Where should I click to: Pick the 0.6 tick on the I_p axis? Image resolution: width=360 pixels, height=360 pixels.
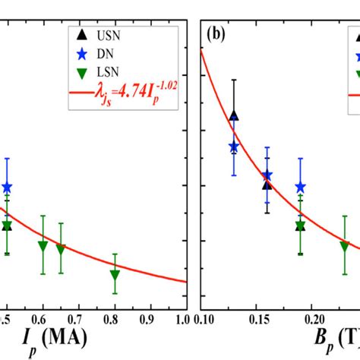click(43, 319)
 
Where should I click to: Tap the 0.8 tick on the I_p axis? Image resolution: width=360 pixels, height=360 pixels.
click(115, 319)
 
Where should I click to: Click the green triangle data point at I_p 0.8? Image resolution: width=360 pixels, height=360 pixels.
click(115, 275)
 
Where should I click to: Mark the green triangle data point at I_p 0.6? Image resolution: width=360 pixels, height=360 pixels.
click(43, 246)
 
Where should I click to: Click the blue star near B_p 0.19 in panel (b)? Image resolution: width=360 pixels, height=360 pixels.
click(301, 187)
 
